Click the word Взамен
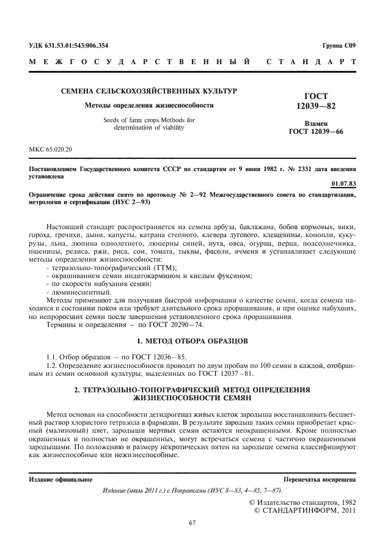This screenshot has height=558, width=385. tap(316, 123)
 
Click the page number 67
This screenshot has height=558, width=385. tap(192, 522)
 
